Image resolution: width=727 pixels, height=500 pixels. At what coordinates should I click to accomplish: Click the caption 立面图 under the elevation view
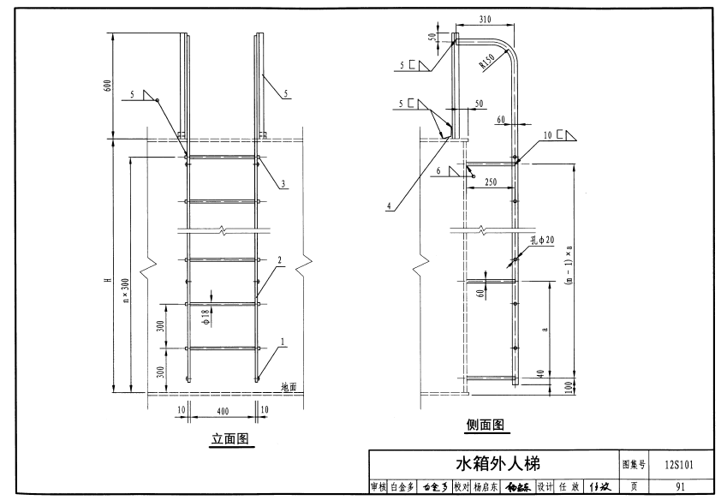pyautogui.click(x=229, y=440)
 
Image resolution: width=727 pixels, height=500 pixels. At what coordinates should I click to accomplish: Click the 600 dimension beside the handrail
pyautogui.click(x=106, y=86)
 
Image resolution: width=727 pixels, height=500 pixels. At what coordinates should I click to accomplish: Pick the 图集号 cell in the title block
pyautogui.click(x=635, y=464)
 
